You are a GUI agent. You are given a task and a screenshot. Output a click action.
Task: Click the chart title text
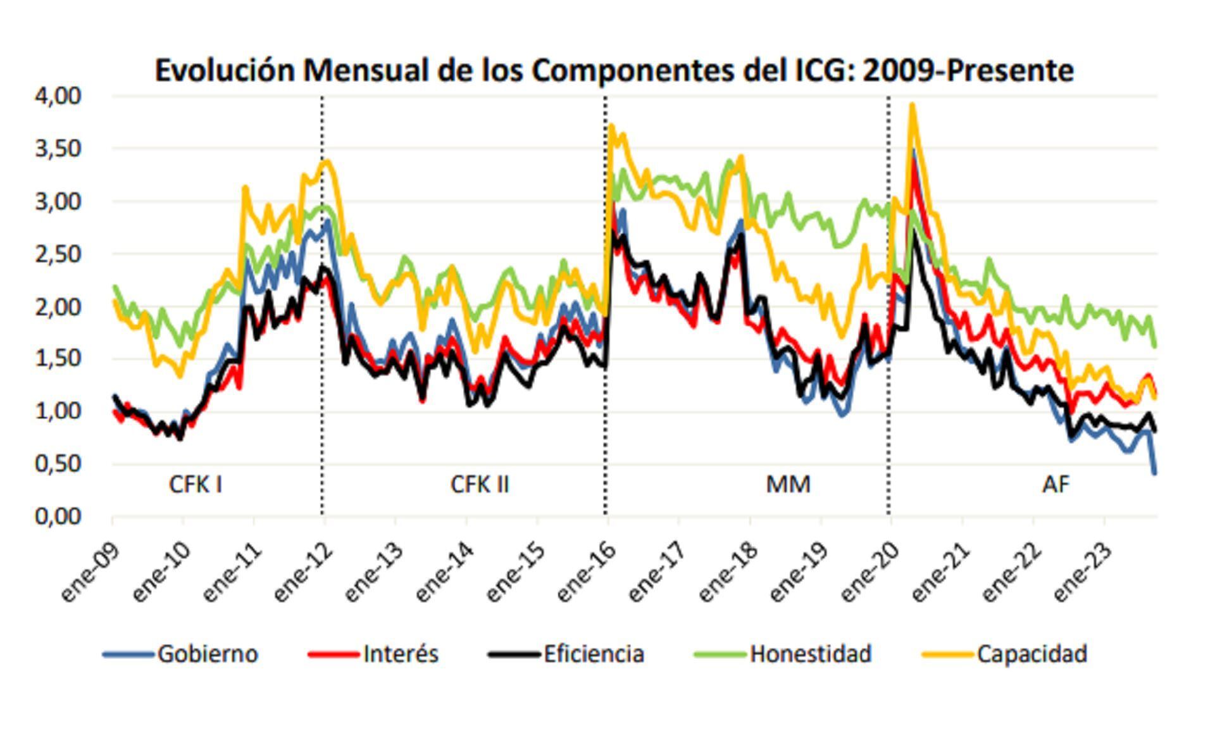click(x=614, y=70)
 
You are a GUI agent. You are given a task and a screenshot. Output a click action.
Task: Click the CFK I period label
click(x=195, y=485)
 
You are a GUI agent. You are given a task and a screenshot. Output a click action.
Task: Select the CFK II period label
click(x=479, y=485)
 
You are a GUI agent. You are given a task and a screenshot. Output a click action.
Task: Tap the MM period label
click(x=788, y=485)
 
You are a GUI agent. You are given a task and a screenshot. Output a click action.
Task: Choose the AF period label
click(x=1056, y=485)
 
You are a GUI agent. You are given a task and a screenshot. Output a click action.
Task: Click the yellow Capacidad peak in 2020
click(x=912, y=105)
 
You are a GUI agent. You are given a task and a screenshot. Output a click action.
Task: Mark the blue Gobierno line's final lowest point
click(x=1155, y=473)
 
